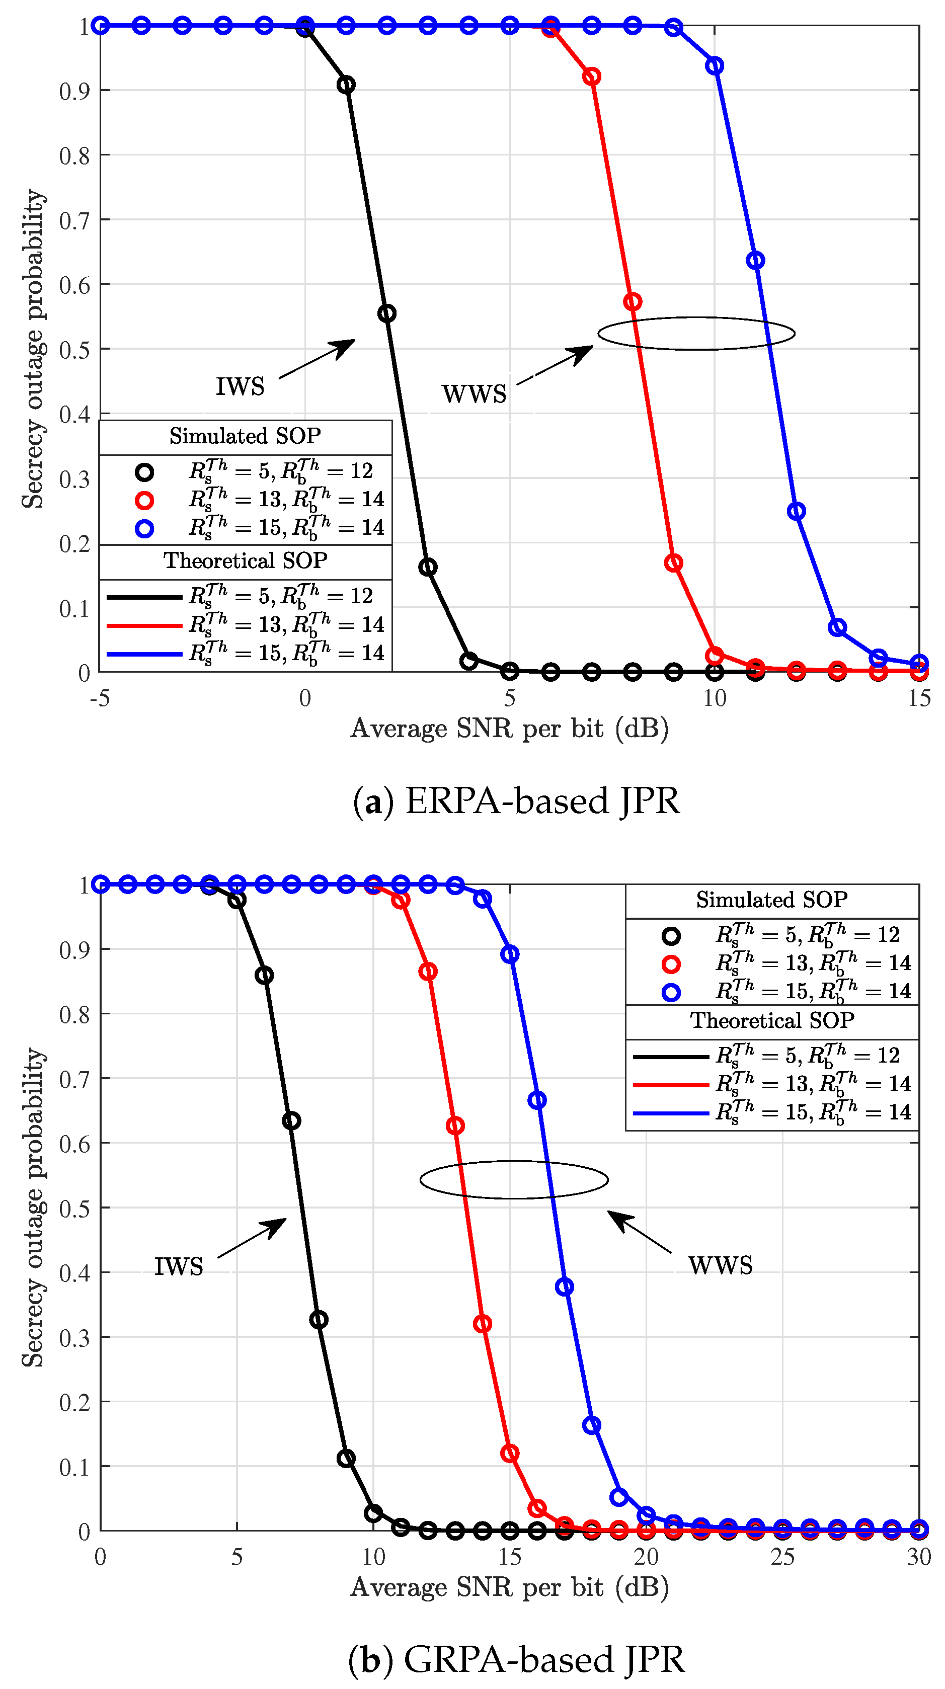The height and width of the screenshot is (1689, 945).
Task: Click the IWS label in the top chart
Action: coord(240,386)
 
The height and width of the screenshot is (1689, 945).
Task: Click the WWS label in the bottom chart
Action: coord(720,1265)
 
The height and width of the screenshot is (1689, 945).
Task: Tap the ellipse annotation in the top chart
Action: coord(696,333)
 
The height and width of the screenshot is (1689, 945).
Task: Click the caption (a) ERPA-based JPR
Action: coord(516,800)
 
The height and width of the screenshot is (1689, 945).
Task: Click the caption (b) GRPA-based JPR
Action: coord(516,1659)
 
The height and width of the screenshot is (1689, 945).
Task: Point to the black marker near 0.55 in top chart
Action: coord(387,313)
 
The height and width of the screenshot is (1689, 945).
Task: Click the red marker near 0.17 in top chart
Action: coord(673,562)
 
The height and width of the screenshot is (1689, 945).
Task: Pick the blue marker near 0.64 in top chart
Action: coord(755,260)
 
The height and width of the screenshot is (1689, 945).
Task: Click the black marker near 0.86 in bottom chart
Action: coord(264,975)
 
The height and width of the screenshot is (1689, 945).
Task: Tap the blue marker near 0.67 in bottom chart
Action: coord(537,1100)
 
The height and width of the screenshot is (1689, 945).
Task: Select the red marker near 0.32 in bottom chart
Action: coord(483,1324)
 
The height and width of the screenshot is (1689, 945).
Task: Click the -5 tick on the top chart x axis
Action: coord(100,698)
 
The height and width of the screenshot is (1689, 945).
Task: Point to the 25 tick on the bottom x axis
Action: coord(782,1557)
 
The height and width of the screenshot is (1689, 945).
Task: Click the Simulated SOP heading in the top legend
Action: coord(245,436)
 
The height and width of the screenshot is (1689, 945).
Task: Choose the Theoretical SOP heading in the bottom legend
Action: coord(772,1020)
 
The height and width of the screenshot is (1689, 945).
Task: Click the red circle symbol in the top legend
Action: coord(144,500)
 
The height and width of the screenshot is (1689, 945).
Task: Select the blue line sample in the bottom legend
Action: coord(670,1113)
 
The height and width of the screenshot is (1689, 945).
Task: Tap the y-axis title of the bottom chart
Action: coord(33,1207)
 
